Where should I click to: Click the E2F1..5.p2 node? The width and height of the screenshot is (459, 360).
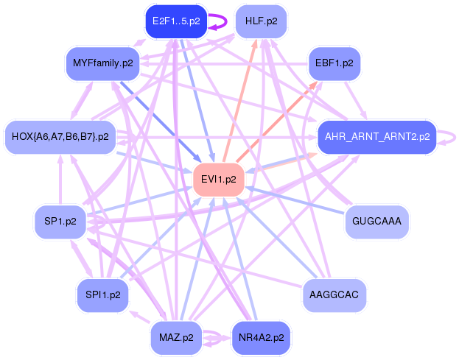[175, 21]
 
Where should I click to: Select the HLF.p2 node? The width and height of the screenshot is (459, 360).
[261, 21]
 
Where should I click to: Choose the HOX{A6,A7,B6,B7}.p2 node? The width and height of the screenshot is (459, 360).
[60, 136]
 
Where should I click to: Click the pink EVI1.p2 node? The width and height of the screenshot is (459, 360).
[218, 179]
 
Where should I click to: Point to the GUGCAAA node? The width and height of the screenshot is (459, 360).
[376, 220]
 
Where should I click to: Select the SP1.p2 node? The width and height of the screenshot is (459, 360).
[60, 220]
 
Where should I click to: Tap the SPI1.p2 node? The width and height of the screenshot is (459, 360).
[102, 294]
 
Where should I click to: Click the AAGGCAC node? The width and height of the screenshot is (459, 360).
[334, 294]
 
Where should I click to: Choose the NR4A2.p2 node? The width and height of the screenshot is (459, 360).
[261, 338]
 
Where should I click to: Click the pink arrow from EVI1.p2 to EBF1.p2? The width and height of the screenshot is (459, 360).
[276, 118]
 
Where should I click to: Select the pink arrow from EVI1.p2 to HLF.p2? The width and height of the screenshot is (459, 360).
[238, 103]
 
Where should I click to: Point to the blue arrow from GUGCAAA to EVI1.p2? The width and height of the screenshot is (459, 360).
[295, 200]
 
